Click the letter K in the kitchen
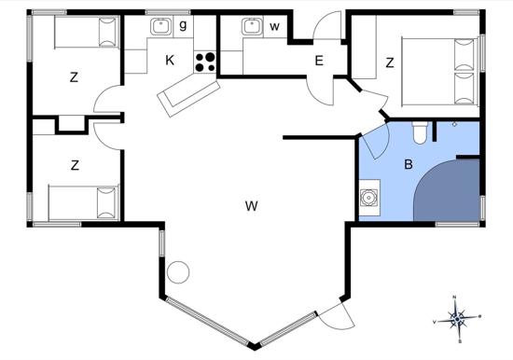(x=170, y=61)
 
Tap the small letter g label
(x=183, y=25)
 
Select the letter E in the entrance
(x=319, y=62)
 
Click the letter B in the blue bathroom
(x=408, y=165)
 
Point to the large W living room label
(x=251, y=205)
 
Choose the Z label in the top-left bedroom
(x=74, y=77)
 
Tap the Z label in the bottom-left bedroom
(x=74, y=165)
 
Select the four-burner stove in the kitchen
(x=205, y=62)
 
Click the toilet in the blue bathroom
(x=419, y=132)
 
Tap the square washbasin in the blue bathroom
(x=369, y=197)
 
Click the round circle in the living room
(x=178, y=272)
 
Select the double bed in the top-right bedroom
(x=437, y=71)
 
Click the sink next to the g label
(x=159, y=26)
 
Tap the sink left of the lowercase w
(x=251, y=26)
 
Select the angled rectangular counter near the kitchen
(x=184, y=92)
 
